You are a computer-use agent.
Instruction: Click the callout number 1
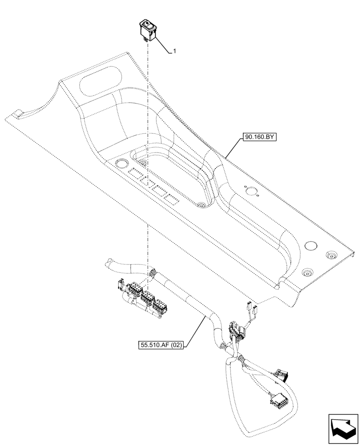tap(174, 51)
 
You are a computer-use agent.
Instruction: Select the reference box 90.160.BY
tap(260, 138)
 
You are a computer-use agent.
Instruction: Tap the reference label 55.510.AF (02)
tap(161, 345)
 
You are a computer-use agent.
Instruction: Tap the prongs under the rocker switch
tap(145, 39)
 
